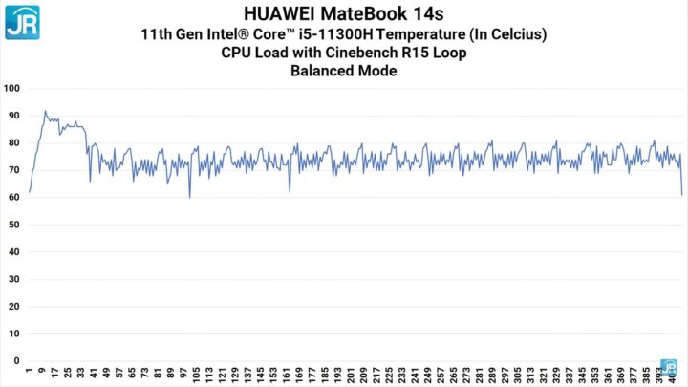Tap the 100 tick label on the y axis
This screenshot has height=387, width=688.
(11, 89)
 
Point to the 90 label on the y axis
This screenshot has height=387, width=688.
(13, 116)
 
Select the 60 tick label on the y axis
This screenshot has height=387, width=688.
(13, 198)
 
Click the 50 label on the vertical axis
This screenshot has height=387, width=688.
(13, 225)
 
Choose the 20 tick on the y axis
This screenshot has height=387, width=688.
(13, 307)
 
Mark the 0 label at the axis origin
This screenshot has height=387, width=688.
(16, 361)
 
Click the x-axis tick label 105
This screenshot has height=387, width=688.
(197, 374)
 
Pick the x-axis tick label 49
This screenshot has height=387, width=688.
(106, 372)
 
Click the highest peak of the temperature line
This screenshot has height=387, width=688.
(45, 111)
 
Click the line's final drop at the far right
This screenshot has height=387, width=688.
(681, 194)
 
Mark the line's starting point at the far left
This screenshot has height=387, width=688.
(30, 192)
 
